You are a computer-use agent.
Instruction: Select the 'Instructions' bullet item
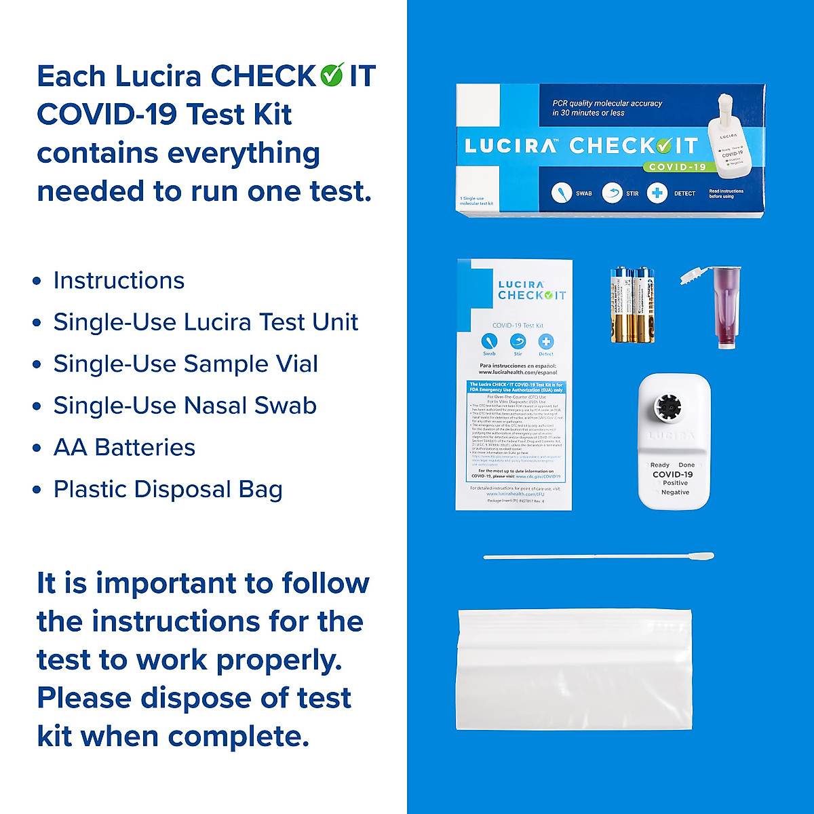tap(119, 280)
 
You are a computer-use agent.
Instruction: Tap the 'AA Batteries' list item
tap(124, 448)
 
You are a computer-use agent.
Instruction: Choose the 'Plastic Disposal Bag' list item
tap(168, 489)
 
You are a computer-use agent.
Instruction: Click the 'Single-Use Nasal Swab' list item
tap(185, 406)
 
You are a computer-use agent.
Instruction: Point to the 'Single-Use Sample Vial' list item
tap(185, 364)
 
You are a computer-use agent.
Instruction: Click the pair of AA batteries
tap(632, 305)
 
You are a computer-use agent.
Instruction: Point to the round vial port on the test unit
tap(667, 407)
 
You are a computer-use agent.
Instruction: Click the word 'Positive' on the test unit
tap(675, 483)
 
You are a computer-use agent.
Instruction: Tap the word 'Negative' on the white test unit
tap(675, 492)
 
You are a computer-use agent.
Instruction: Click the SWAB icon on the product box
tap(562, 193)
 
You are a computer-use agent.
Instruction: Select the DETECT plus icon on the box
tap(657, 193)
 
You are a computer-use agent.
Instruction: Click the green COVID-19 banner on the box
tap(677, 166)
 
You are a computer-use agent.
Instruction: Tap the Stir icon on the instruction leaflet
tap(518, 341)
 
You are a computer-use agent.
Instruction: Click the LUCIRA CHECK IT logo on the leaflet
tap(531, 290)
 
